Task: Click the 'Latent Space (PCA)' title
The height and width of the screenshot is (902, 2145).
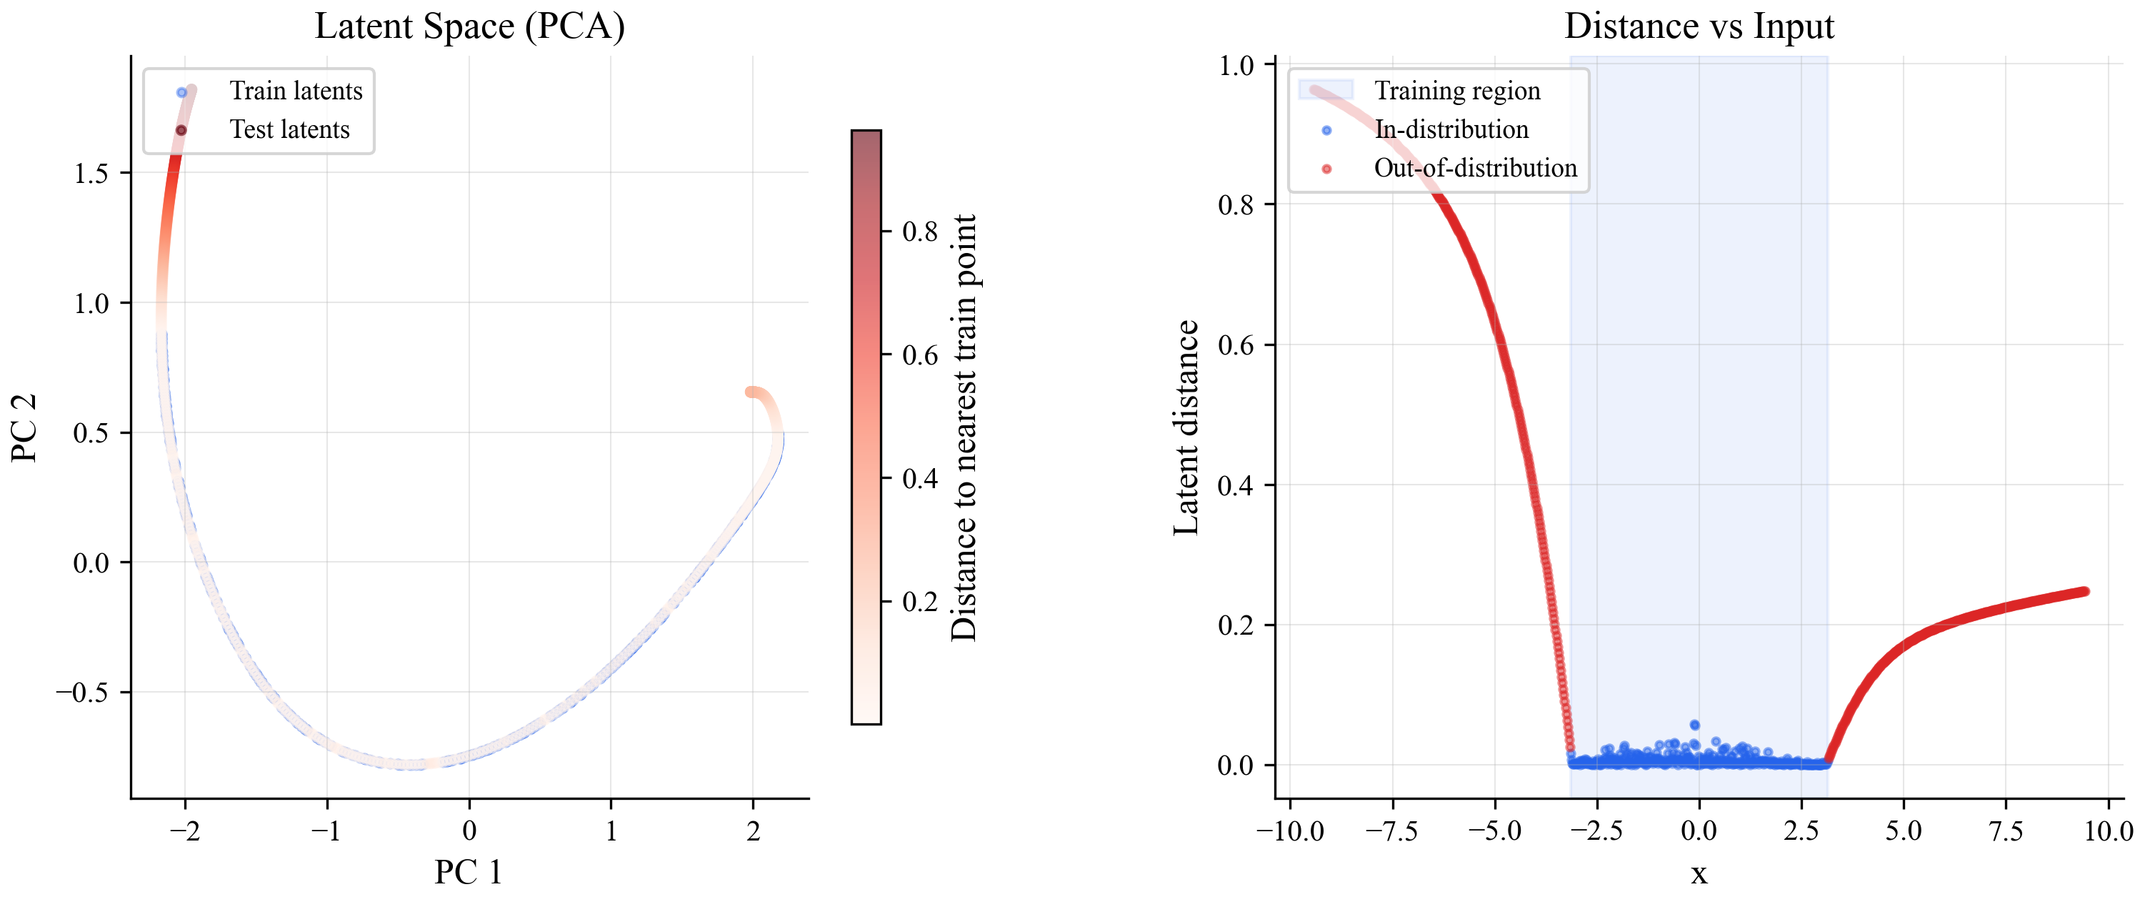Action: (469, 26)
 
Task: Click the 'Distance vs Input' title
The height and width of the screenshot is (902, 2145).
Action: (1698, 26)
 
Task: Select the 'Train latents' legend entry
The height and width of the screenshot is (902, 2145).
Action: (296, 91)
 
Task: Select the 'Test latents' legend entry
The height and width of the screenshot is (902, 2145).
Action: (289, 130)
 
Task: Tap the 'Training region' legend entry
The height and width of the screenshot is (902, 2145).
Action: (1456, 91)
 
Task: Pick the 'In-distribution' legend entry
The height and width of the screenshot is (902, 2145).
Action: (1451, 130)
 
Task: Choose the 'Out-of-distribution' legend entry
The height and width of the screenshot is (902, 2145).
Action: (1475, 168)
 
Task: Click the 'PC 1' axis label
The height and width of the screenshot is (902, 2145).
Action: (468, 872)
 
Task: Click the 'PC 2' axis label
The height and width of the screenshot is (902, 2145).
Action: (24, 428)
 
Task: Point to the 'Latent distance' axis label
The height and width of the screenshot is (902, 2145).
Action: (1186, 428)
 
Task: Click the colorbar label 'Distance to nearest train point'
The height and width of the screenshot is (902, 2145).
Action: (964, 428)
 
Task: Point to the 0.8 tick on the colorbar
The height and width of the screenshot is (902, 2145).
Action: (919, 232)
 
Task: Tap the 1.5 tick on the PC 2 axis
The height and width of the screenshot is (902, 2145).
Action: (91, 173)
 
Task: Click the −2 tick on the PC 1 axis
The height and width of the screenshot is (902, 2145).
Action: (185, 831)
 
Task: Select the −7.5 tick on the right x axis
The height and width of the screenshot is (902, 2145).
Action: (1392, 831)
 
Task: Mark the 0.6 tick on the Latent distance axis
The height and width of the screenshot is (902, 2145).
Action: (1236, 345)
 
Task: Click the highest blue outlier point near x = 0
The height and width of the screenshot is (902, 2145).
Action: (1694, 725)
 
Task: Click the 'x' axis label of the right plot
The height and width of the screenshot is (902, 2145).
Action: (1698, 873)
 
